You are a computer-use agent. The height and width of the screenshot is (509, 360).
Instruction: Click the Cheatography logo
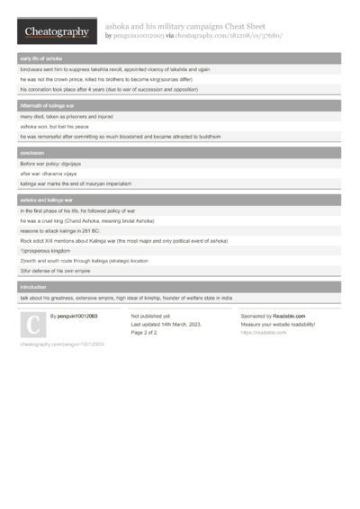click(56, 31)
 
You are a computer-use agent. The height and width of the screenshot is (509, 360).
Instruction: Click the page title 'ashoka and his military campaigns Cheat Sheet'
click(199, 26)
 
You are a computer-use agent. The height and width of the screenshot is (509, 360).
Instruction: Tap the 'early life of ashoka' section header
click(41, 58)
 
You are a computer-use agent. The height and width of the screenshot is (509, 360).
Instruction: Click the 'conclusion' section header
click(33, 154)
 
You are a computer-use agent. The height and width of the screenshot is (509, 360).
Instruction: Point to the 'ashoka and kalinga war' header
click(47, 200)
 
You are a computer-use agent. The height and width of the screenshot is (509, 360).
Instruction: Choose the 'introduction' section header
click(35, 286)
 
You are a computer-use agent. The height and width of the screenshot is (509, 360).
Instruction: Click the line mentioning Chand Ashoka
click(87, 220)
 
